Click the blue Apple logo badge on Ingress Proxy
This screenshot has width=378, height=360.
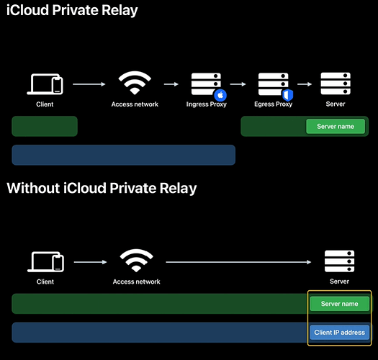point(220,95)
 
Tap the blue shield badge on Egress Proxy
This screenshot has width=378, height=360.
point(287,95)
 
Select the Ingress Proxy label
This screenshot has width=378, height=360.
point(207,104)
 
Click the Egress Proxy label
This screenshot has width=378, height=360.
point(273,104)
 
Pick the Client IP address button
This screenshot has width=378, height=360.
point(339,332)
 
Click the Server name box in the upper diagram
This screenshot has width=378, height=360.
point(336,126)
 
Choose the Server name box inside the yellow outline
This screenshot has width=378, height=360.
point(339,304)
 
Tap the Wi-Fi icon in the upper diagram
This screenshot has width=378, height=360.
point(135,83)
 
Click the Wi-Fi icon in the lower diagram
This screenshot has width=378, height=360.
point(136,261)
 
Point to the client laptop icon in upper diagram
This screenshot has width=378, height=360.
point(45,84)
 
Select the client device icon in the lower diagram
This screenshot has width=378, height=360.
point(45,262)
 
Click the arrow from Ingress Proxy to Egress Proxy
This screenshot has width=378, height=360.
point(238,84)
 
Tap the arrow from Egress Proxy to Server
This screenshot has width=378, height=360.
point(305,84)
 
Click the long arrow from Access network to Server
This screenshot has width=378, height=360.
point(238,262)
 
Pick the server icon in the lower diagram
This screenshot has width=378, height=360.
point(339,261)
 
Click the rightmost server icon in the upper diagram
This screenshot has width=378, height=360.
point(336,84)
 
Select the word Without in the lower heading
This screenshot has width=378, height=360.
point(33,188)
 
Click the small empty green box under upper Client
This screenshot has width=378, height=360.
point(45,126)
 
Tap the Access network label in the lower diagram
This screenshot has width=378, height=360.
point(137,282)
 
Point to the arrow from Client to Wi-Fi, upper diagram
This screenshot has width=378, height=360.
point(89,84)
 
